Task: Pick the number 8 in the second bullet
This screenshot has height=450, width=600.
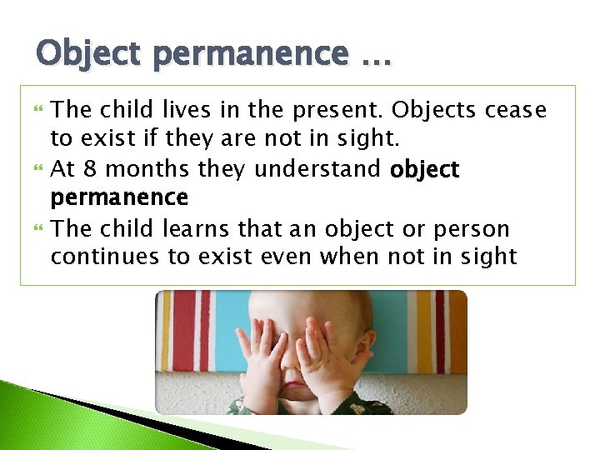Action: (x=90, y=170)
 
